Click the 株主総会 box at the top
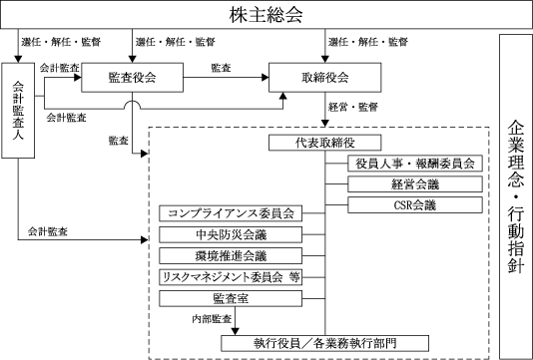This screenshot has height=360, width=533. click(266, 15)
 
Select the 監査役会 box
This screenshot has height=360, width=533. click(132, 78)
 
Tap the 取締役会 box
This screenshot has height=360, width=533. click(325, 78)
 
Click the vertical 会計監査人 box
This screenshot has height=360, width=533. click(18, 111)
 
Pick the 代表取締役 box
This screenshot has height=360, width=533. click(325, 143)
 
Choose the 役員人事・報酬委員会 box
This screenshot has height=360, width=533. click(415, 164)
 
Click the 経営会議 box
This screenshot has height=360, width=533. click(415, 184)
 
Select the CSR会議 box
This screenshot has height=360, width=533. click(415, 205)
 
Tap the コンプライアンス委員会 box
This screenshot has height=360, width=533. click(231, 213)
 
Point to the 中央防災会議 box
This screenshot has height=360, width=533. click(231, 234)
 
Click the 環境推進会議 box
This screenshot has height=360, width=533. click(231, 255)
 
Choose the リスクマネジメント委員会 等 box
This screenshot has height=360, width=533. click(231, 277)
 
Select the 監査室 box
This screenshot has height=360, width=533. click(231, 298)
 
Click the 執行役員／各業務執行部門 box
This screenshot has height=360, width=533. click(325, 343)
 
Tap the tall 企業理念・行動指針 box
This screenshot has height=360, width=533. click(516, 196)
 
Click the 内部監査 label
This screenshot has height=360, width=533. click(212, 319)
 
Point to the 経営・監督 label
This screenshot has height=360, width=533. click(353, 108)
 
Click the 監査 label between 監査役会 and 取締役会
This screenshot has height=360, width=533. click(221, 68)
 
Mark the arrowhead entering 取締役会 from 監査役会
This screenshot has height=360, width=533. click(266, 78)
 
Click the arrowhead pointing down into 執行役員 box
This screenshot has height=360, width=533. click(235, 331)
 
